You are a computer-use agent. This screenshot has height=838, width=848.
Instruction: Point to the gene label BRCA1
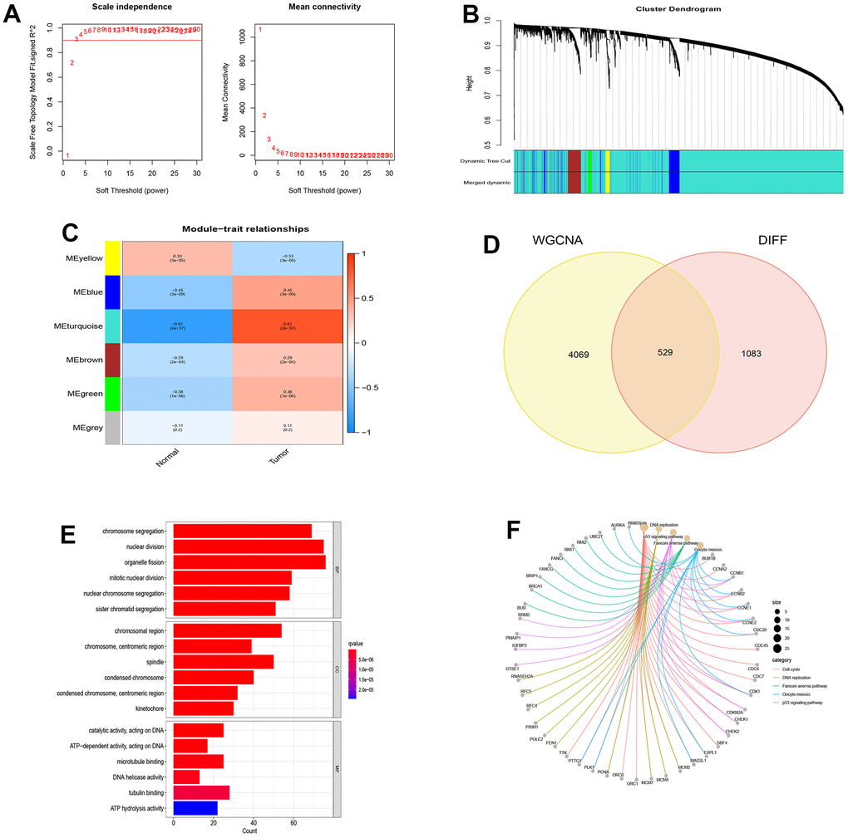(535, 586)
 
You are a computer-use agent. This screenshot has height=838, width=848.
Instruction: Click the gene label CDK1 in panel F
(754, 691)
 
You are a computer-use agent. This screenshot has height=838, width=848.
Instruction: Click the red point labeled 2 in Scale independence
(72, 62)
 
